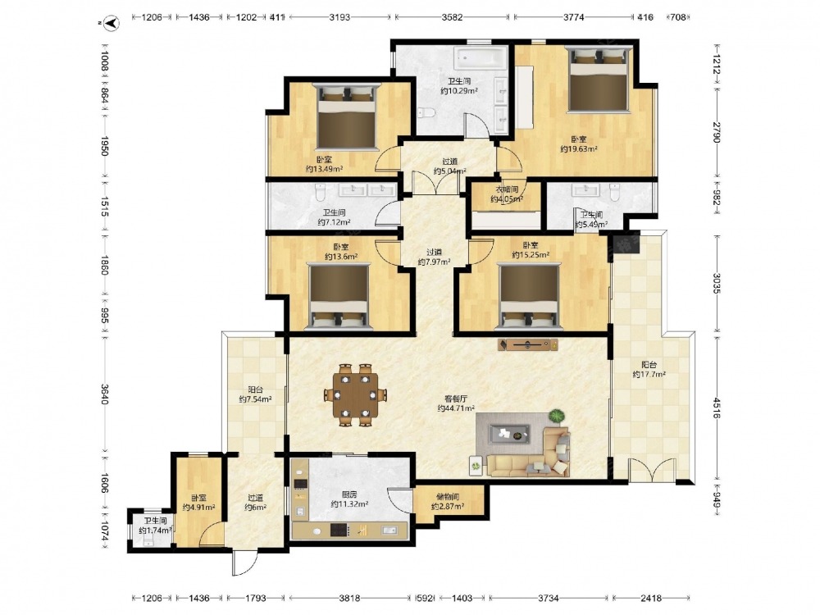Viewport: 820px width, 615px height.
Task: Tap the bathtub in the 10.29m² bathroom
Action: (481, 58)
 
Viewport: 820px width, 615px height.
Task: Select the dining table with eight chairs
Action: (356, 395)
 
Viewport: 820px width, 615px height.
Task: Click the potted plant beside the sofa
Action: (557, 417)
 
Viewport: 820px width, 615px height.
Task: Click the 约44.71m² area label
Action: (456, 408)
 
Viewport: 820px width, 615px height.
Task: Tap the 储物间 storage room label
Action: (448, 498)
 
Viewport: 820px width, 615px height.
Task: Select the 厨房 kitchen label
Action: (349, 494)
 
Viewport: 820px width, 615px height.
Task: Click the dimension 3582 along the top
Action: (452, 17)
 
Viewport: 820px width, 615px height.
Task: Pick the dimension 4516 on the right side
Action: (716, 407)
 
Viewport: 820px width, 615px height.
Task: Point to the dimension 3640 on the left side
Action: (105, 394)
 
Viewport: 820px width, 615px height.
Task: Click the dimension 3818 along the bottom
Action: (349, 598)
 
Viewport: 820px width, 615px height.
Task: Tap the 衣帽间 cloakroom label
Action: (507, 190)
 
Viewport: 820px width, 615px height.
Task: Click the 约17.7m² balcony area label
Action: (649, 375)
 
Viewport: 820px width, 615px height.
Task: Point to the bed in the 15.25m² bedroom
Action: (529, 296)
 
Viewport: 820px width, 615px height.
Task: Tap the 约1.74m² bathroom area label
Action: (155, 531)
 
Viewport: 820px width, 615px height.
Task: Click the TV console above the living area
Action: (527, 344)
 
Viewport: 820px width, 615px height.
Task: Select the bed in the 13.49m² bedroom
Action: (347, 116)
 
